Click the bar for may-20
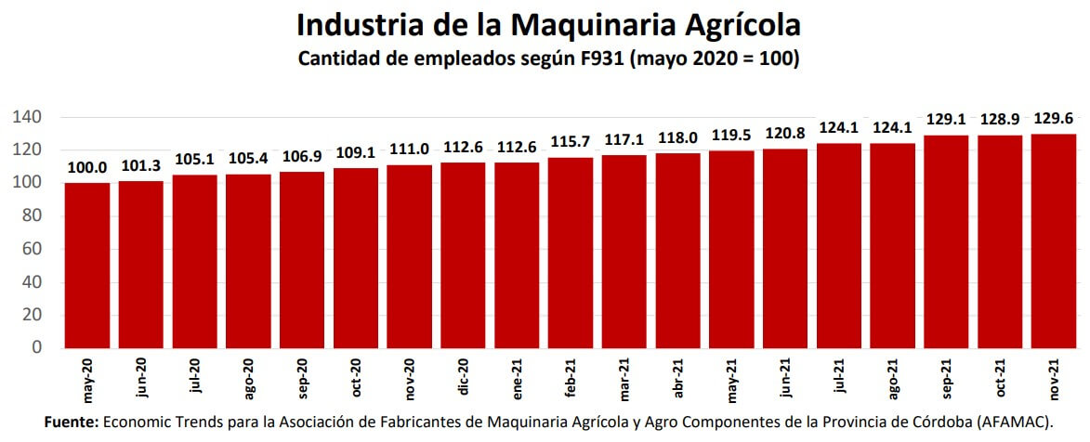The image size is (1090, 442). click(x=87, y=265)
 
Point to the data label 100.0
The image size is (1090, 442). click(x=87, y=168)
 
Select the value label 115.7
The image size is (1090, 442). click(x=571, y=142)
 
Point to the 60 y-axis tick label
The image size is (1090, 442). click(x=33, y=249)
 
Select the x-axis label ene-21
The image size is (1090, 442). click(x=518, y=379)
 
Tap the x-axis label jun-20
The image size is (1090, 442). click(x=141, y=379)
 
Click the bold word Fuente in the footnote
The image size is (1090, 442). click(x=71, y=422)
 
